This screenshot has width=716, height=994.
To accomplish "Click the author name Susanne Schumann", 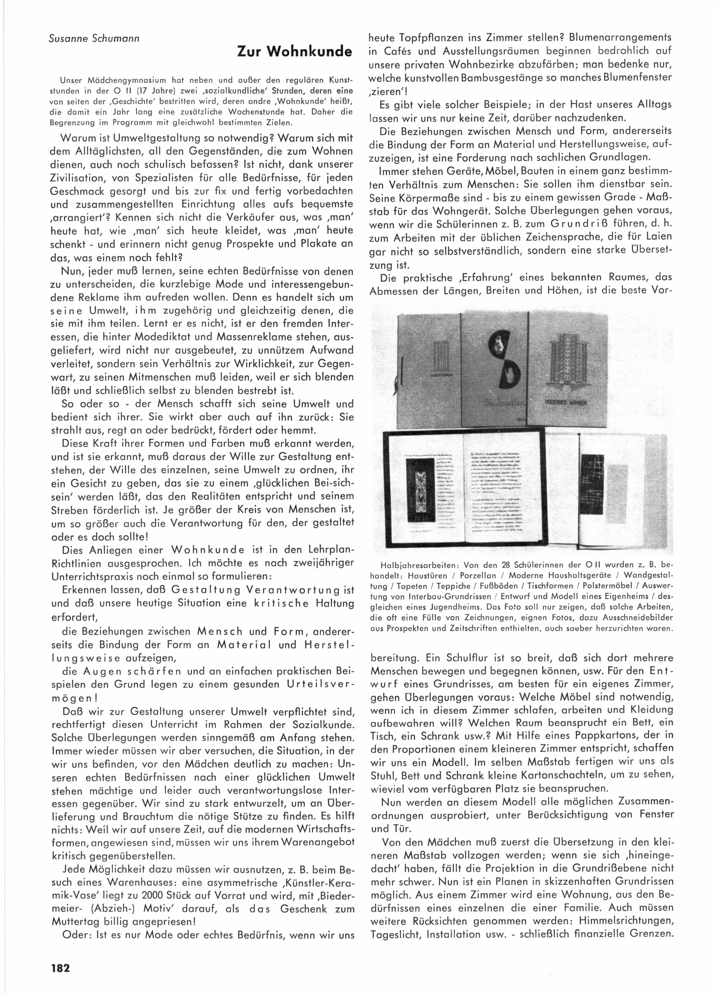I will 94,39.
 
